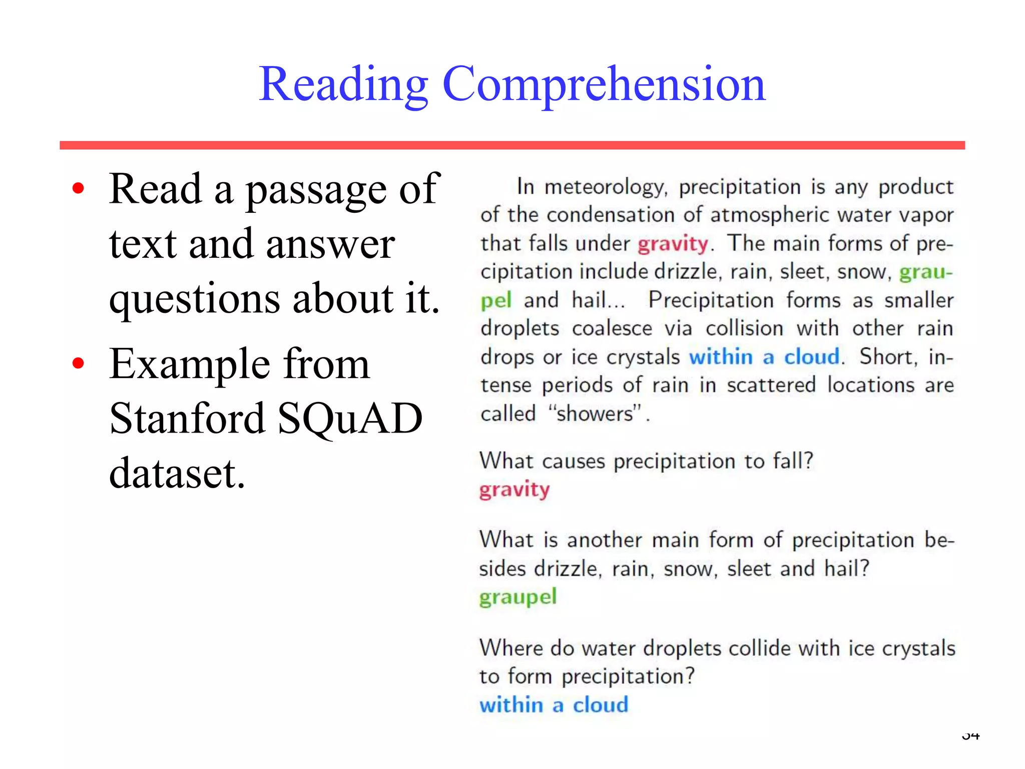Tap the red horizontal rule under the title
[x=511, y=145]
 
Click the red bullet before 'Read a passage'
[x=78, y=189]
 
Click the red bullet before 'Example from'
[x=78, y=363]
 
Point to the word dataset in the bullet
[x=177, y=473]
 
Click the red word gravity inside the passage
[x=673, y=244]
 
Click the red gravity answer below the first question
[x=515, y=489]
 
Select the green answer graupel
[x=518, y=597]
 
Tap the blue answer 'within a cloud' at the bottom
[x=554, y=705]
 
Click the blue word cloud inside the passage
[x=811, y=357]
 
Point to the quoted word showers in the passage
[x=595, y=414]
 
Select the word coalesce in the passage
[x=612, y=329]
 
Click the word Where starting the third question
[x=511, y=648]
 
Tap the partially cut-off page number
[x=970, y=735]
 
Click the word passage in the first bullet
[x=315, y=190]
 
